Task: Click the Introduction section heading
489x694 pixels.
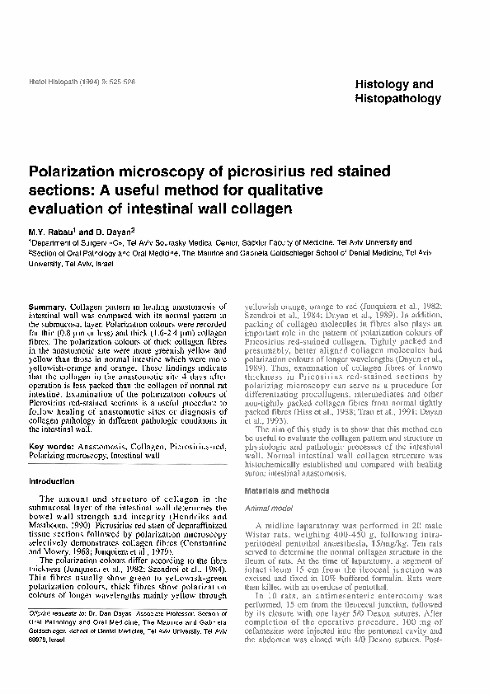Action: (52, 481)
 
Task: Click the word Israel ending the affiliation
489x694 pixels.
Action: (98, 263)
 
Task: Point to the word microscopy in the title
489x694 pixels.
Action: (173, 174)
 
